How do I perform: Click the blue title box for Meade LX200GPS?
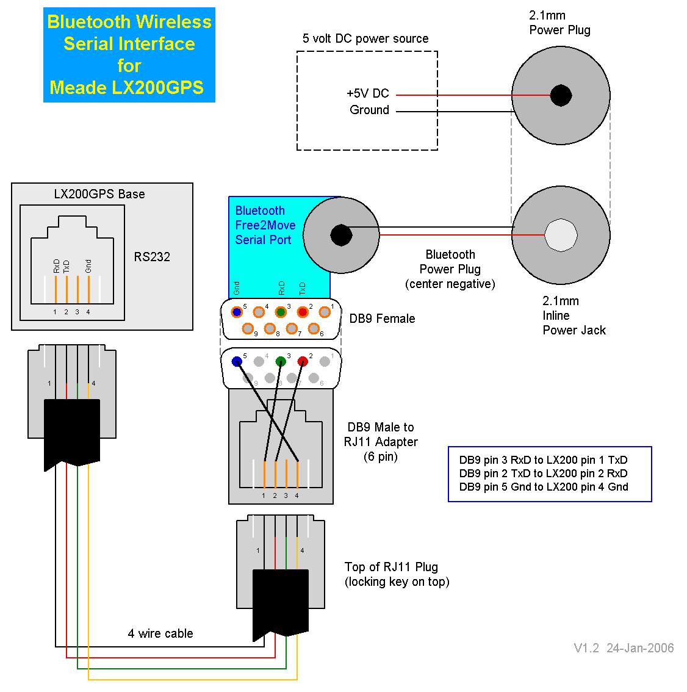129,55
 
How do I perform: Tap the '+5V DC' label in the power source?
367,94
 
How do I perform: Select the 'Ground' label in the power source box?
369,110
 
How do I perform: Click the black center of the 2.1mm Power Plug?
561,95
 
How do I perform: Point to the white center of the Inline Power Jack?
561,234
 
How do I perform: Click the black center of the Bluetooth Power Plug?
340,235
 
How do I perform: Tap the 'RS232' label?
152,257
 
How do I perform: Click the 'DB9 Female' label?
382,319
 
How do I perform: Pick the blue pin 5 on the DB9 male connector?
237,361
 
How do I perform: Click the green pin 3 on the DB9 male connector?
281,361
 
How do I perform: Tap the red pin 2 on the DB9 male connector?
303,361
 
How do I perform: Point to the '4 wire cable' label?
160,633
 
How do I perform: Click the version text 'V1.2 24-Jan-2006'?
624,648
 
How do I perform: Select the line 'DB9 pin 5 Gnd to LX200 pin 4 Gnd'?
544,487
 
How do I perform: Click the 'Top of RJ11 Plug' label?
391,567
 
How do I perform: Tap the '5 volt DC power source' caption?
365,38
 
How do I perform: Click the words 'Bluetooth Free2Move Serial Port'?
265,225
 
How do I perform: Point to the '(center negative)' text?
450,284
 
